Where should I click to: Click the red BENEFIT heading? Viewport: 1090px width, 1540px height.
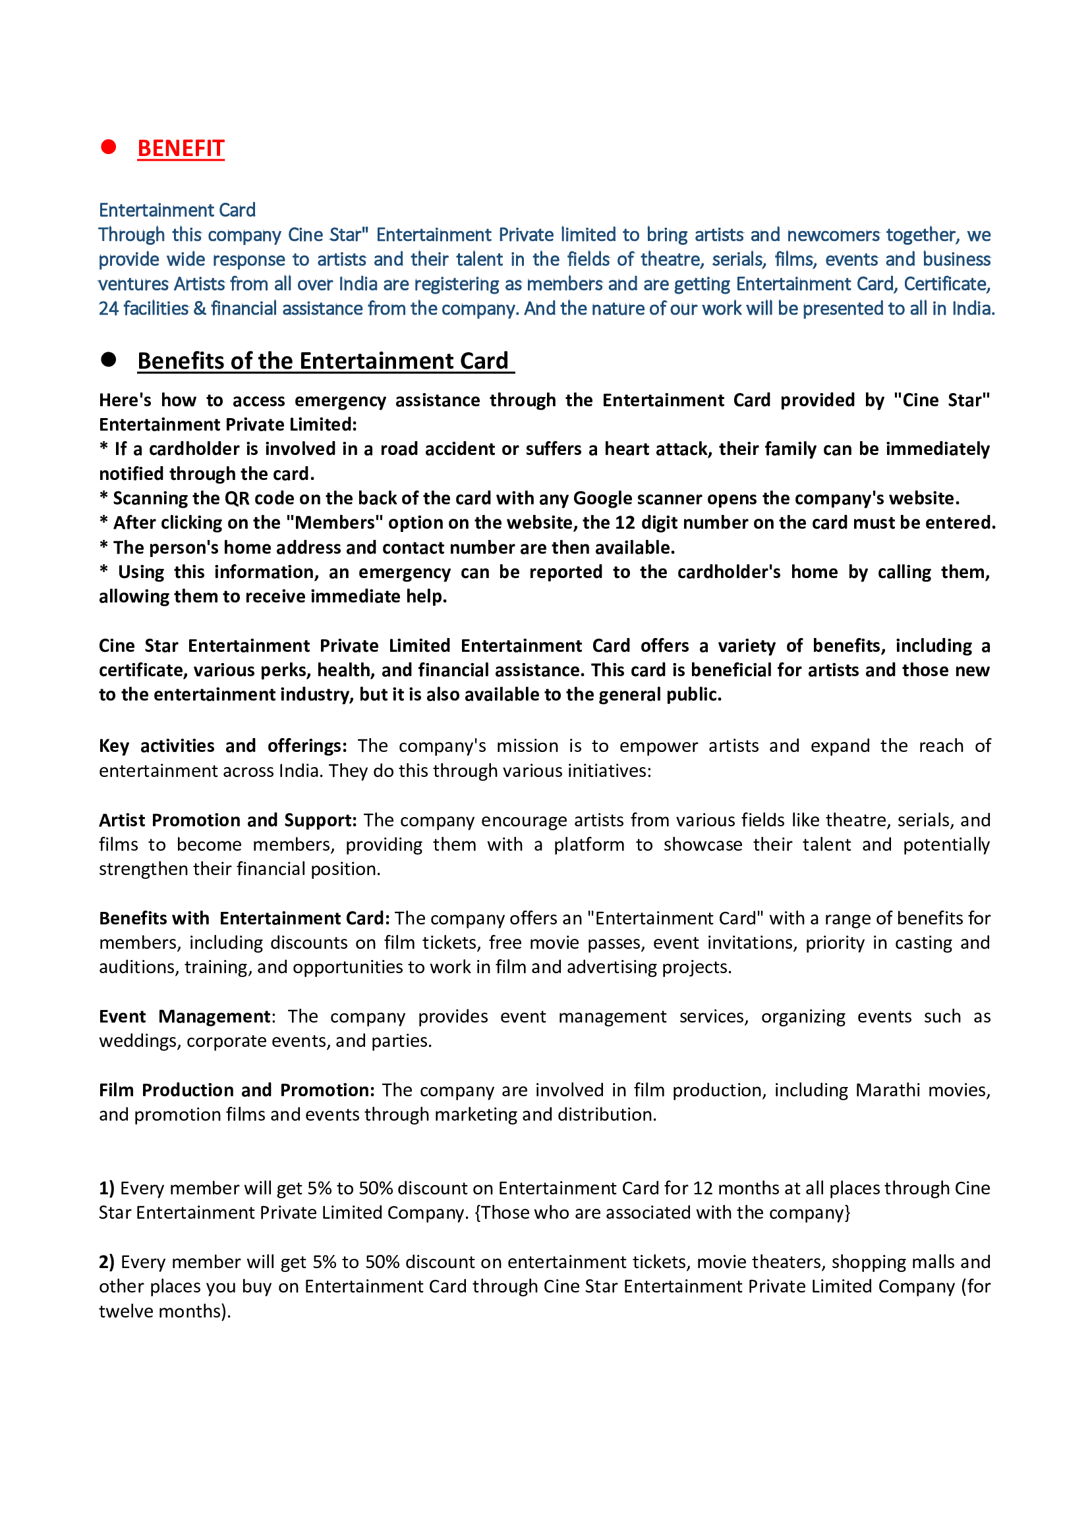click(x=181, y=148)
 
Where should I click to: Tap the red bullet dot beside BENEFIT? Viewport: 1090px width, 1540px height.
click(x=108, y=147)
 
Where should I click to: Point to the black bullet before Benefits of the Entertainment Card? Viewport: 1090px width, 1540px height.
click(x=108, y=359)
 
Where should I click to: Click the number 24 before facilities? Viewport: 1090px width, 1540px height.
click(x=108, y=309)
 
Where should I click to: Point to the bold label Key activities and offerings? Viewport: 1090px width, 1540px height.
click(x=222, y=746)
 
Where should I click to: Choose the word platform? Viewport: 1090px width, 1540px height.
click(x=588, y=845)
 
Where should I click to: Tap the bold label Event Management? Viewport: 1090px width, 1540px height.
click(x=185, y=1017)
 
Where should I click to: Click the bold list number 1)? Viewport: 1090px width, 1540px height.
click(x=107, y=1188)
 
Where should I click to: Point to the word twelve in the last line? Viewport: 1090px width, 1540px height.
click(x=124, y=1312)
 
